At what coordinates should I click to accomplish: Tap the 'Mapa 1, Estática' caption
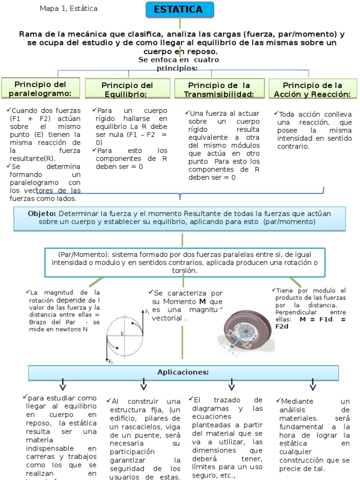[x=68, y=8]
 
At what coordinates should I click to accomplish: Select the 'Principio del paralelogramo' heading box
[x=41, y=89]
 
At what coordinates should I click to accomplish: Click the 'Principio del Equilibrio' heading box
[x=127, y=90]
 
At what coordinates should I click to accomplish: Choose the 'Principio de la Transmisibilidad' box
[x=219, y=89]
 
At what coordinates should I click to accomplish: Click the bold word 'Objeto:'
[x=42, y=213]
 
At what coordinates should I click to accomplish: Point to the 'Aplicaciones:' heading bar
[x=183, y=372]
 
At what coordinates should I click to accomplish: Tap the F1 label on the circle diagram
[x=147, y=312]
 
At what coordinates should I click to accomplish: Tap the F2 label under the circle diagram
[x=111, y=361]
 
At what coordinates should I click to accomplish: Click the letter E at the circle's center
[x=122, y=333]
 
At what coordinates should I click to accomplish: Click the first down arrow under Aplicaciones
[x=62, y=385]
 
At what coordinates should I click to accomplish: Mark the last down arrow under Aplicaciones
[x=313, y=385]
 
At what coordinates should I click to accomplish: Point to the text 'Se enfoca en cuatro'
[x=179, y=60]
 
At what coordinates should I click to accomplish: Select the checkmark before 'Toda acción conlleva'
[x=276, y=114]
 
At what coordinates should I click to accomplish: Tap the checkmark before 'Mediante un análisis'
[x=278, y=401]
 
